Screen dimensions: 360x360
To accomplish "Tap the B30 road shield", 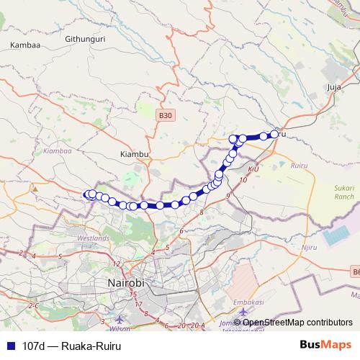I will (x=166, y=114).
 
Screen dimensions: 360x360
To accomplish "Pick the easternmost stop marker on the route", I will (x=274, y=134).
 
